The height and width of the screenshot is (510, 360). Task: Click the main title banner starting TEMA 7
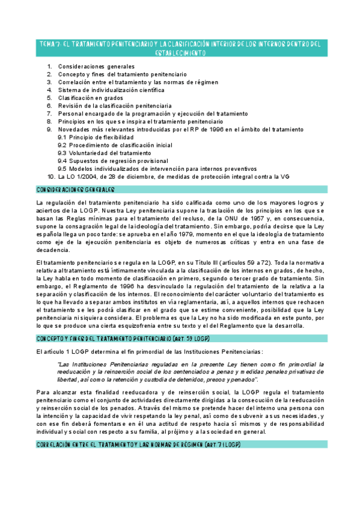point(180,48)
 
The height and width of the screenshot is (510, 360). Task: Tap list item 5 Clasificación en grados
point(90,97)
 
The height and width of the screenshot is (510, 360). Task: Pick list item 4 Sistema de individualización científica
point(111,90)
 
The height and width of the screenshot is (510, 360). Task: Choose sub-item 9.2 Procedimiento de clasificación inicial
point(115,145)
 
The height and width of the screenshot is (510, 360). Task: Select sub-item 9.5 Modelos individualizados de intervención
point(157,168)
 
